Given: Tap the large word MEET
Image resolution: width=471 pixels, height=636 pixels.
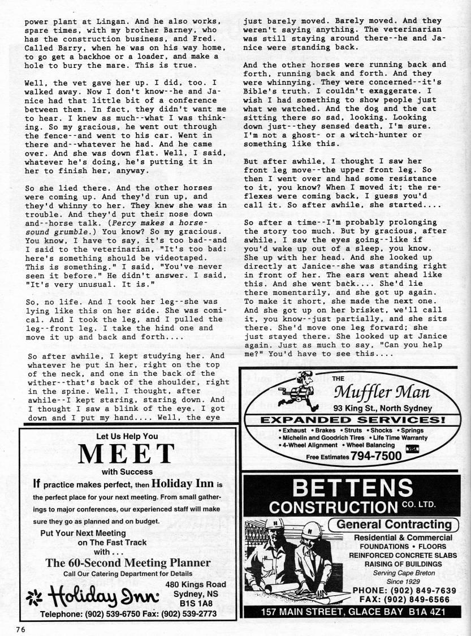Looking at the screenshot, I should pyautogui.click(x=127, y=454).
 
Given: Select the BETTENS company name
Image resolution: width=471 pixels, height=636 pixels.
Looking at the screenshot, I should pyautogui.click(x=354, y=487).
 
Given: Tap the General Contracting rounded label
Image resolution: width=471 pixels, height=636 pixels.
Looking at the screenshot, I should pyautogui.click(x=394, y=524).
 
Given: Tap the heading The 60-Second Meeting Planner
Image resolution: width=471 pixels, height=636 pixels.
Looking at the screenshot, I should pyautogui.click(x=128, y=562).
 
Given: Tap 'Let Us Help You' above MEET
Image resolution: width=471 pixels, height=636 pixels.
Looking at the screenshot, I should pyautogui.click(x=127, y=436).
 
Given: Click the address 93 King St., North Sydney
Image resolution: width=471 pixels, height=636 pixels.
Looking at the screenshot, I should pyautogui.click(x=382, y=408).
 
